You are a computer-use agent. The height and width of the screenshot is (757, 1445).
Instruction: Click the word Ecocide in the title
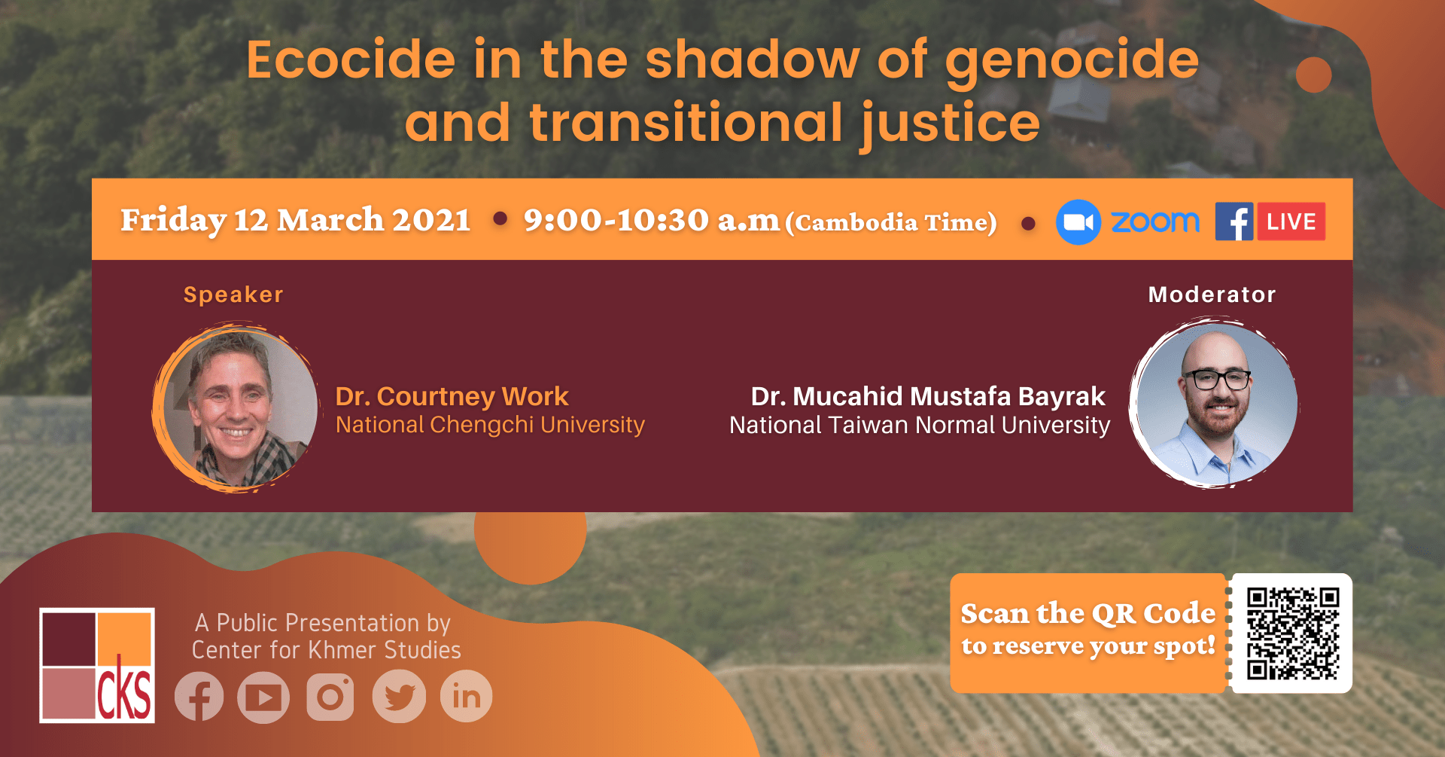point(351,60)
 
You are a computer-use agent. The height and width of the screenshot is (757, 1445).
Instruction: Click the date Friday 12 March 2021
point(296,221)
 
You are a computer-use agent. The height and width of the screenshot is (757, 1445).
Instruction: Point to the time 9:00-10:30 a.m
point(652,221)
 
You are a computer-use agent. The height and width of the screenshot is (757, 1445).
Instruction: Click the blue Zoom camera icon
point(1078,222)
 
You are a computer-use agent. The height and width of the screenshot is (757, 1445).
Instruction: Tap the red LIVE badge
point(1291,221)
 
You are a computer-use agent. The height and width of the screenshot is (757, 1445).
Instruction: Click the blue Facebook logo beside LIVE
point(1234,221)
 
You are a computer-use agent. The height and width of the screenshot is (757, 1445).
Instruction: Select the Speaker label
point(233,295)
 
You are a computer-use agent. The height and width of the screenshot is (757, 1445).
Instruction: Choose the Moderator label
point(1212,295)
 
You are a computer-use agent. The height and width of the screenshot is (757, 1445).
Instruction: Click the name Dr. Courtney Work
point(452,396)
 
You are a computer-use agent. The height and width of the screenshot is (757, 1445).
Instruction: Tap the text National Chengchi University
point(490,426)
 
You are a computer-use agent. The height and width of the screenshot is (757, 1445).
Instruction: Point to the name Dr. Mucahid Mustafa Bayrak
point(928,396)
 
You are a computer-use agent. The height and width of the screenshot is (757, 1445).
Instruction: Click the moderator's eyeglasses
point(1216,379)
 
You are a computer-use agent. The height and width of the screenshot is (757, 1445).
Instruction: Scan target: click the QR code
point(1293,633)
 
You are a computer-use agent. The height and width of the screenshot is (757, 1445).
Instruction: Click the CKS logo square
point(97,665)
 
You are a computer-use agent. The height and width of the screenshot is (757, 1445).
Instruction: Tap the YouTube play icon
point(263,697)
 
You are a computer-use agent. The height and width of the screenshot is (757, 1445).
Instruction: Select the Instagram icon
point(330,697)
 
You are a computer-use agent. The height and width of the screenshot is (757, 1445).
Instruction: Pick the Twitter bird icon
point(399,697)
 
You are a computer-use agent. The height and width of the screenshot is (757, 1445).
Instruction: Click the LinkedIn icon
point(467,697)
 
